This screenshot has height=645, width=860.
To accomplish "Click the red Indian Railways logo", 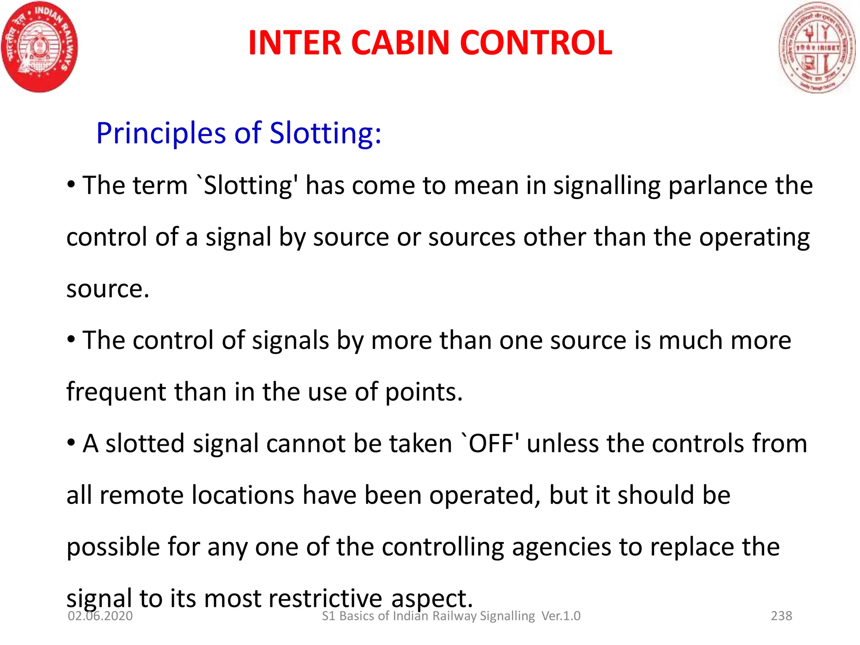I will coord(39,47).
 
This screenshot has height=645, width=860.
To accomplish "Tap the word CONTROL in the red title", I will coord(536,43).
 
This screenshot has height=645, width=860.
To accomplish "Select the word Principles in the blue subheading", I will coord(161,133).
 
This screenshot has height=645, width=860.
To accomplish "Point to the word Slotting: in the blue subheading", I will coord(325,133).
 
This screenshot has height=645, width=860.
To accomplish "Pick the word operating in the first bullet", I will coord(754,238).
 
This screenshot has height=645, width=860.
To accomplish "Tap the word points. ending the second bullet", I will coord(424,392).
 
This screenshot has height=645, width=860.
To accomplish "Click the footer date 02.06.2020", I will coord(100,616).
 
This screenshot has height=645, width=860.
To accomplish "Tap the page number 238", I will coord(781,616).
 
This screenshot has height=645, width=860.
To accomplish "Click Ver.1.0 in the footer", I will coord(561,616).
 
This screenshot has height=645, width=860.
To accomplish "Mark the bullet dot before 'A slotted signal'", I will coord(71,443).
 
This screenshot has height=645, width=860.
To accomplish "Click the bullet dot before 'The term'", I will coord(71,185).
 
